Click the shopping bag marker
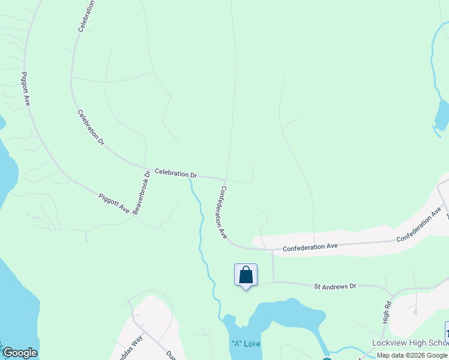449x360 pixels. (246, 275)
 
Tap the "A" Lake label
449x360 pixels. (246, 344)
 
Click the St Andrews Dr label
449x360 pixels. (336, 286)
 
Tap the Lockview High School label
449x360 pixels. (410, 343)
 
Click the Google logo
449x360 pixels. (20, 353)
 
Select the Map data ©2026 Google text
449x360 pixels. (412, 355)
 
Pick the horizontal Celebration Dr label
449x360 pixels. (176, 173)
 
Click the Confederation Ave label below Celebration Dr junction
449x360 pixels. (222, 212)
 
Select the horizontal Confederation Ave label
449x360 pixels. (310, 247)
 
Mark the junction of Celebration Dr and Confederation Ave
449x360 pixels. (224, 179)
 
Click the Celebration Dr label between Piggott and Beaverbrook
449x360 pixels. (91, 127)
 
